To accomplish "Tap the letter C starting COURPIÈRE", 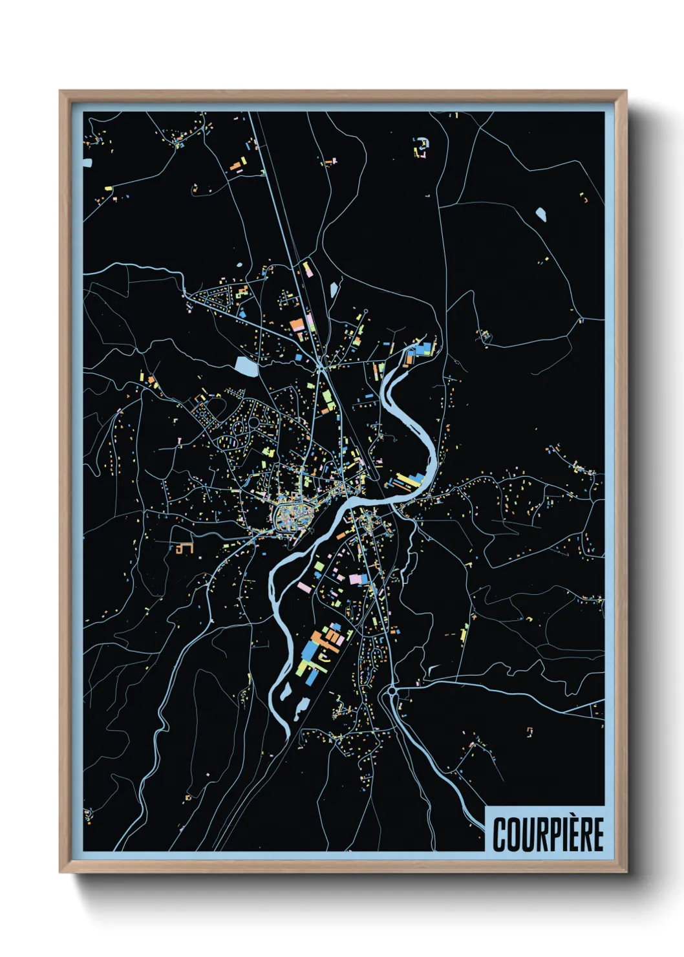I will [499, 834].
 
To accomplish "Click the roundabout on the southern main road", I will [392, 691].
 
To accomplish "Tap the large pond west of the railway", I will [246, 366].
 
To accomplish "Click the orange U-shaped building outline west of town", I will [185, 548].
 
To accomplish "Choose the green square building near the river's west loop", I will [319, 566].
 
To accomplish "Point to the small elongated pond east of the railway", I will [334, 288].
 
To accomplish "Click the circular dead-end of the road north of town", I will [366, 311].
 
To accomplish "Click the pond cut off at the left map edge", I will [87, 162].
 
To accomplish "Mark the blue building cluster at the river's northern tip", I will [423, 349].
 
